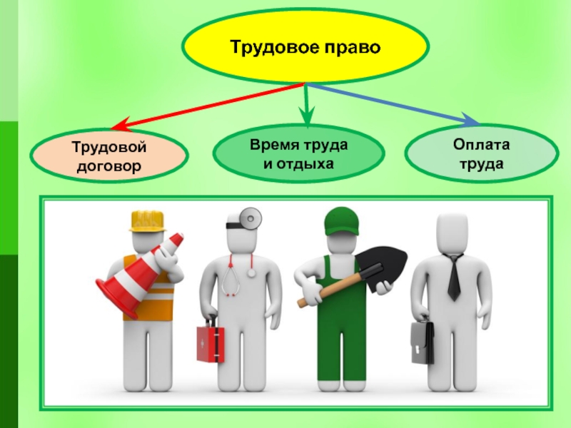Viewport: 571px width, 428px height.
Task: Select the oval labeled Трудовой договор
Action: pos(109,156)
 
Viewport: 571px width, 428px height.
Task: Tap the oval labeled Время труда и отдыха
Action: pos(299,156)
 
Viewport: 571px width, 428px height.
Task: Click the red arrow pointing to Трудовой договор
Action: pos(207,106)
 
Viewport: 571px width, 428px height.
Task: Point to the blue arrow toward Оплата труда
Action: pos(400,103)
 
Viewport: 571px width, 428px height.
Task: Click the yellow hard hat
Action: pos(147,220)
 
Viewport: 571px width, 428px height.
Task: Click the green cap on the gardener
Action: pos(339,221)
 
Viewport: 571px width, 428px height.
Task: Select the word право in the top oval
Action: pos(354,49)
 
